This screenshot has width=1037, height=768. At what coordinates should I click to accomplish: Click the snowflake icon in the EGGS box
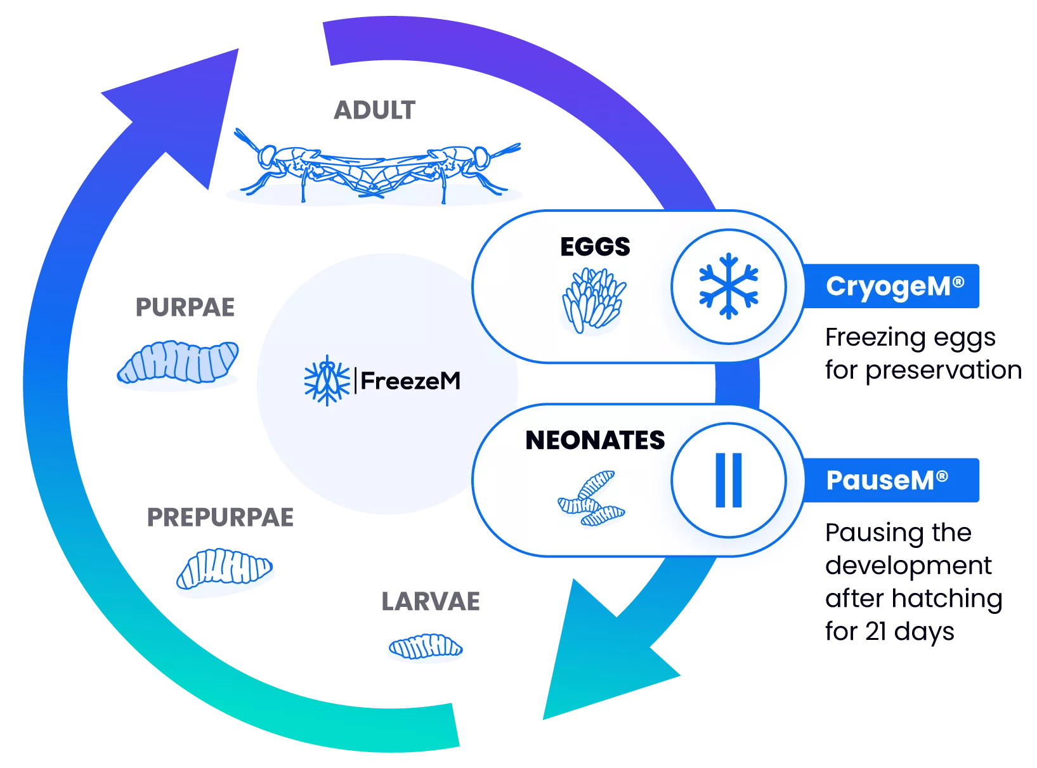pos(728,286)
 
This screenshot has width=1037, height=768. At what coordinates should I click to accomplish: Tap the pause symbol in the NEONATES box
pos(728,480)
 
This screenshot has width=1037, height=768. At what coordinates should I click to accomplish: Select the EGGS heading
pos(595,247)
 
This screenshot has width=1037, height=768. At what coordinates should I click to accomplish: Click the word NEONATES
pos(595,440)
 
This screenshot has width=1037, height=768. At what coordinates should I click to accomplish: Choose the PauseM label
pos(887,481)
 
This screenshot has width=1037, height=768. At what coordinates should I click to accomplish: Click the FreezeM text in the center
pos(410,381)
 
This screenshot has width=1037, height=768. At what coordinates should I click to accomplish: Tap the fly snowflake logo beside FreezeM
pos(327,381)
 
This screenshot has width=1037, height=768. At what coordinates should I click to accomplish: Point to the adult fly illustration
pos(377,166)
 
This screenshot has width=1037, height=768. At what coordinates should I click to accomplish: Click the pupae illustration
pos(179,362)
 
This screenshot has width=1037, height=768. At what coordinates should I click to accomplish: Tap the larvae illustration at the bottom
pos(426,648)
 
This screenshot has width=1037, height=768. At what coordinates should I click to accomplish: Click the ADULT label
pos(375,110)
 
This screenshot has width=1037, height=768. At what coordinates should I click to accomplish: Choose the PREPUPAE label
pos(220,517)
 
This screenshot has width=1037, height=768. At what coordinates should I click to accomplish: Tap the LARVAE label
pos(431,602)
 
